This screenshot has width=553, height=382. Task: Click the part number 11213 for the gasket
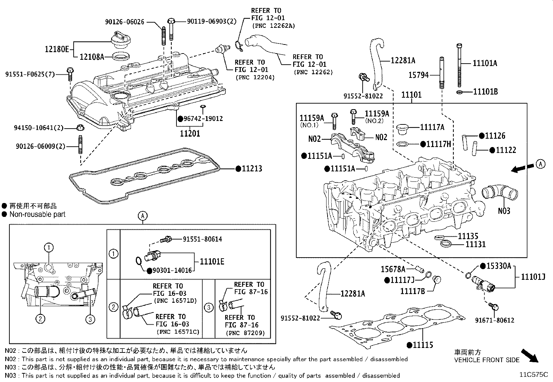point(252,169)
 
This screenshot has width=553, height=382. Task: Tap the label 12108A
point(92,57)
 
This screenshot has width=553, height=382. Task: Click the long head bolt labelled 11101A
point(459,65)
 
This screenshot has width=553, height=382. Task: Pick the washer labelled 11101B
point(460,92)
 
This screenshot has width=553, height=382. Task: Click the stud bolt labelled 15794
point(441,73)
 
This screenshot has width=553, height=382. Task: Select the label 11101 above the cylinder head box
point(411,95)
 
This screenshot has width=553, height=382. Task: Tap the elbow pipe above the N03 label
point(500,194)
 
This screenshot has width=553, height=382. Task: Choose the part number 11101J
point(533,277)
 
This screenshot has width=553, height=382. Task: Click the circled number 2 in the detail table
point(113,307)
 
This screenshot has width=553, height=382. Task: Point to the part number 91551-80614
point(203,239)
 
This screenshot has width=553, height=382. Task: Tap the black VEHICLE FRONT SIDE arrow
point(529,356)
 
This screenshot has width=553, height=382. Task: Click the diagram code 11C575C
point(534,375)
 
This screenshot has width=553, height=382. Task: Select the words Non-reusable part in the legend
point(38,214)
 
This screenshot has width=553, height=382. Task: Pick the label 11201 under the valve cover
point(190,134)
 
